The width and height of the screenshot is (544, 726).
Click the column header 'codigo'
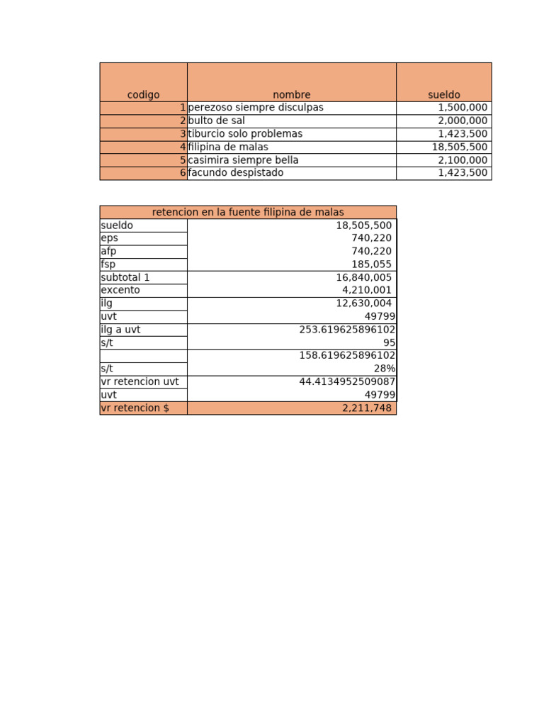143,94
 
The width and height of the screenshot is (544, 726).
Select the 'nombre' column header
291,94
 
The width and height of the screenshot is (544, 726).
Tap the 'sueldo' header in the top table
443,94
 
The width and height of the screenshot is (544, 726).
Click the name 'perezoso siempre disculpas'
256,107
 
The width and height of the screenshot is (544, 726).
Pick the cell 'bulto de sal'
217,121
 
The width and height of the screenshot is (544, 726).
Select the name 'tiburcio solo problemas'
245,133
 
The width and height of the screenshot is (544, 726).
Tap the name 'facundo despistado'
236,173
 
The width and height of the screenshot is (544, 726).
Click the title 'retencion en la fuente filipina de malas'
248,212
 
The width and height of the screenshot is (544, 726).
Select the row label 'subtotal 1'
125,277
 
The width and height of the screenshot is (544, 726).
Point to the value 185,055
371,264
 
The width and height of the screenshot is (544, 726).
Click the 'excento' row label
120,290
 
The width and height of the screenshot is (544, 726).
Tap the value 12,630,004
364,303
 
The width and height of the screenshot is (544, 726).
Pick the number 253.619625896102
347,330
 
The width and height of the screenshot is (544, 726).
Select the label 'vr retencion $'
135,408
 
